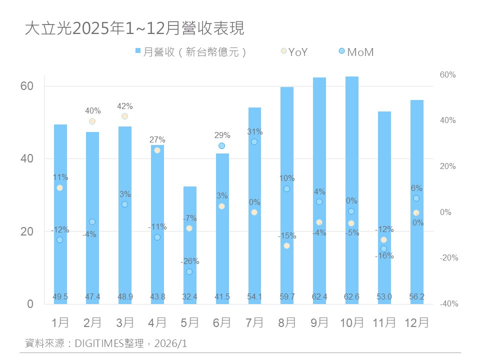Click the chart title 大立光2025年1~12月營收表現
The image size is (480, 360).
click(x=134, y=28)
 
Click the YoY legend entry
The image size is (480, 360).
click(x=294, y=51)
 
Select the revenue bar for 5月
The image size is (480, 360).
click(x=189, y=245)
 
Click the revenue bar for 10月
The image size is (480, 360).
click(x=351, y=190)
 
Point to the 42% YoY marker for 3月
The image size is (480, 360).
click(x=124, y=116)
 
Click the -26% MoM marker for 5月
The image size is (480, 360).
click(x=189, y=271)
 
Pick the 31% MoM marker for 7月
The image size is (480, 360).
click(x=254, y=142)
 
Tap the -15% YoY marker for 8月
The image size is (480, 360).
click(x=286, y=245)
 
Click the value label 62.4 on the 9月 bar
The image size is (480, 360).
click(x=319, y=297)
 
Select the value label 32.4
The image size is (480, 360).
click(x=189, y=297)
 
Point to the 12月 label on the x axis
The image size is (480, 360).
click(x=416, y=322)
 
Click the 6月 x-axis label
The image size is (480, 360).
click(x=221, y=322)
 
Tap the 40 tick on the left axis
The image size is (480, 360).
click(x=26, y=158)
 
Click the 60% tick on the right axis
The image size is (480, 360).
click(x=447, y=75)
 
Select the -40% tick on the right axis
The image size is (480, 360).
click(x=448, y=304)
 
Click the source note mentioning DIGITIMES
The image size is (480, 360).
click(x=106, y=343)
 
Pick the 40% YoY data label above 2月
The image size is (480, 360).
click(x=92, y=110)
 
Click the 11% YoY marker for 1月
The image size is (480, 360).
click(x=60, y=187)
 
